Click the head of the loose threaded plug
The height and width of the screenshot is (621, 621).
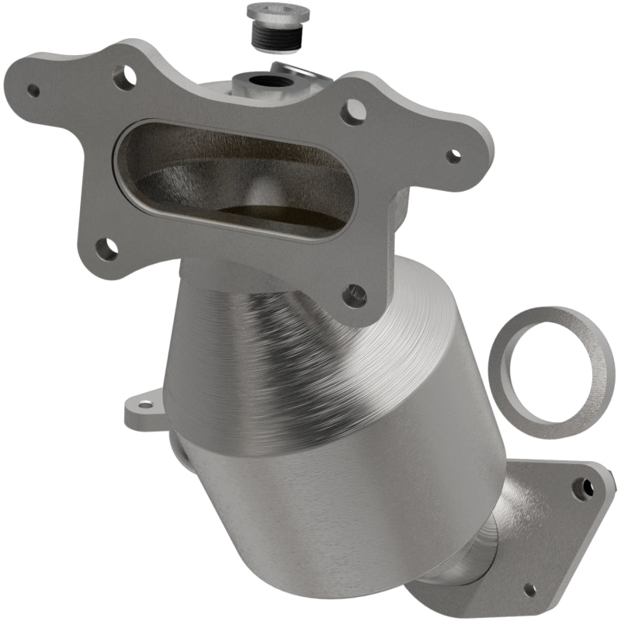277,12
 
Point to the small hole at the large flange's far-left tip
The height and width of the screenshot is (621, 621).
33,90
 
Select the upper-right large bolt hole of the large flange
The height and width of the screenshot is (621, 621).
352,112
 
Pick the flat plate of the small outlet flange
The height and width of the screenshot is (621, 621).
559,536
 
